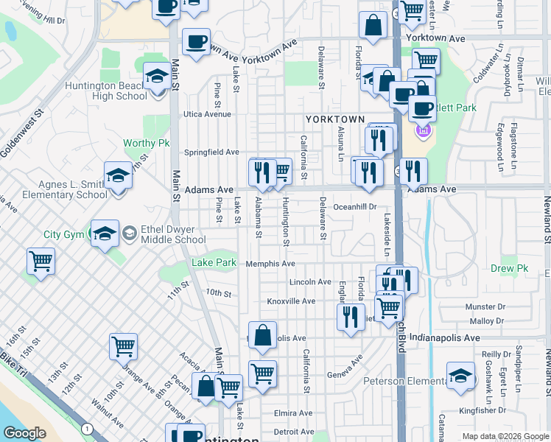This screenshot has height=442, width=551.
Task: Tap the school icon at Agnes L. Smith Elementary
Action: point(118,177)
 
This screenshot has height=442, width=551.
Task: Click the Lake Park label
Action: point(214,263)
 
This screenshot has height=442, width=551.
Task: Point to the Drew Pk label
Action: point(510,269)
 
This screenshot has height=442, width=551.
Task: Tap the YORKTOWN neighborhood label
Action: point(335,119)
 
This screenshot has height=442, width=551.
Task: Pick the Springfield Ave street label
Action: point(211,152)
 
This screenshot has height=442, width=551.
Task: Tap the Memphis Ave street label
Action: point(270,264)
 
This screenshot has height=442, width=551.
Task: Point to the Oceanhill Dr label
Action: point(355,208)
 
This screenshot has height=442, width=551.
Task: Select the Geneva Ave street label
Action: point(345,365)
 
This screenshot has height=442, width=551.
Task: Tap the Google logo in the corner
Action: point(24,433)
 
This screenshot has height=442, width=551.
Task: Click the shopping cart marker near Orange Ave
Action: point(123,345)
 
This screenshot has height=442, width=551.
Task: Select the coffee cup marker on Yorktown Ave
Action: point(196,41)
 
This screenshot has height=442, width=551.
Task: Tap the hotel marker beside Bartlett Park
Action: point(422,132)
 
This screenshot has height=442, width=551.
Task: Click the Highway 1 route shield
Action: point(88,429)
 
